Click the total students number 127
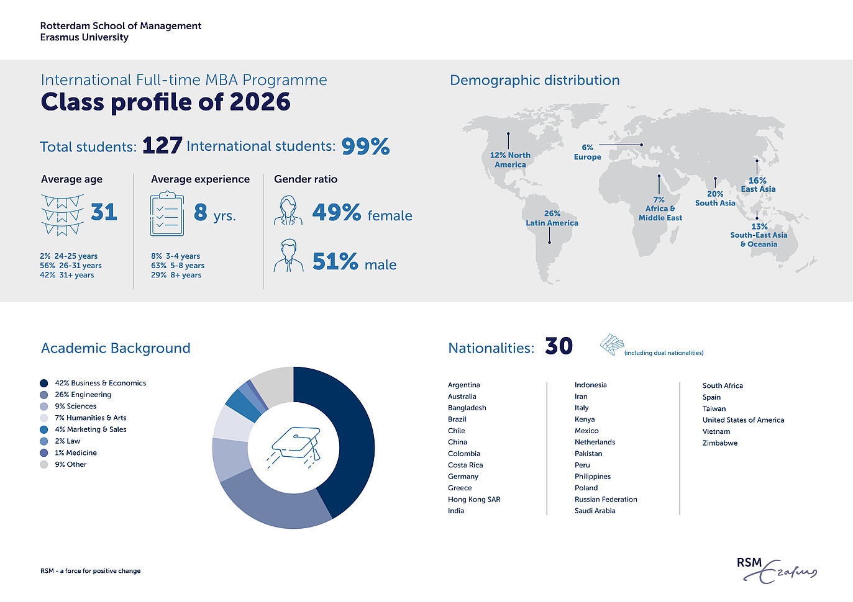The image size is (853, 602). (162, 146)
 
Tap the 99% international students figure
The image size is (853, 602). (365, 146)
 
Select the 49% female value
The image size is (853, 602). (336, 213)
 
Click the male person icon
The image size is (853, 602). (288, 256)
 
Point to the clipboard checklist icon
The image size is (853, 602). (167, 215)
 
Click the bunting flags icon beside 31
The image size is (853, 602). (62, 215)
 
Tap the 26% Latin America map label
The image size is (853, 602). (552, 218)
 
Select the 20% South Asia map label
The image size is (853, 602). (715, 199)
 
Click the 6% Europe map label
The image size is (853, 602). (587, 152)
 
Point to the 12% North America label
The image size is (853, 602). (510, 160)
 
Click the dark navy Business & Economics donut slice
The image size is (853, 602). (348, 434)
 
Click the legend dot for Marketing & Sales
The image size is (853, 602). (43, 429)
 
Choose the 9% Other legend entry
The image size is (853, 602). (70, 464)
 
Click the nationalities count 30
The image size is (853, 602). (559, 346)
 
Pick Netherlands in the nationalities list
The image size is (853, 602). (595, 442)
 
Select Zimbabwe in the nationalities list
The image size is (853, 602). (720, 443)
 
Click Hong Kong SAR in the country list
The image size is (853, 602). (474, 500)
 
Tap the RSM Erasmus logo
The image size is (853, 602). (776, 569)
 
